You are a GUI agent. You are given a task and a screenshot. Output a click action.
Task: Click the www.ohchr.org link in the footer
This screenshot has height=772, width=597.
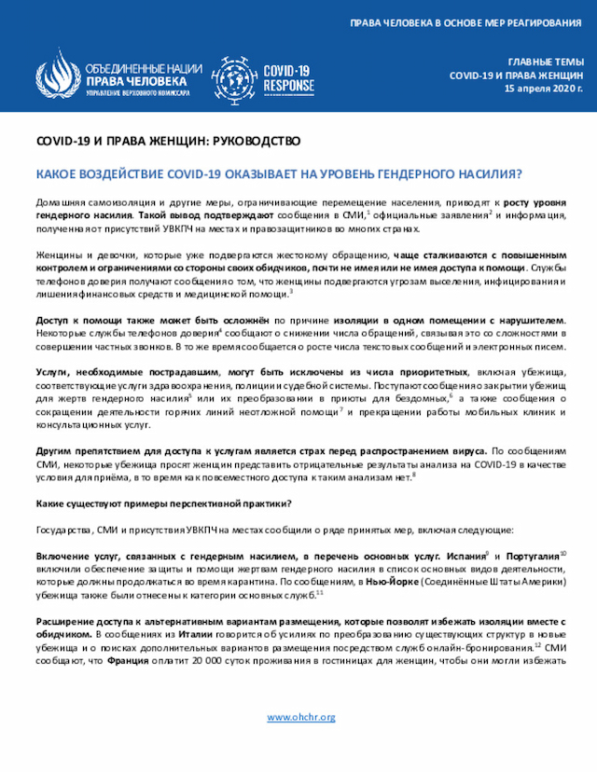300,717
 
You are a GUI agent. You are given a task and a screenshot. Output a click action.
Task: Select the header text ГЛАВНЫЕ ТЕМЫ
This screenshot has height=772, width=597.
546,61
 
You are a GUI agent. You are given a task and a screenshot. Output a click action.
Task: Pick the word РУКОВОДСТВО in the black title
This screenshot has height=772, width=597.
252,142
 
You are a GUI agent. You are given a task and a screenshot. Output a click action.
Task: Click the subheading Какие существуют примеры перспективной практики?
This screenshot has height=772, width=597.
162,504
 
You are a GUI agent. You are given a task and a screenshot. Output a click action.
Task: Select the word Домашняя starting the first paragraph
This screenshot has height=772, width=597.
61,202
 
